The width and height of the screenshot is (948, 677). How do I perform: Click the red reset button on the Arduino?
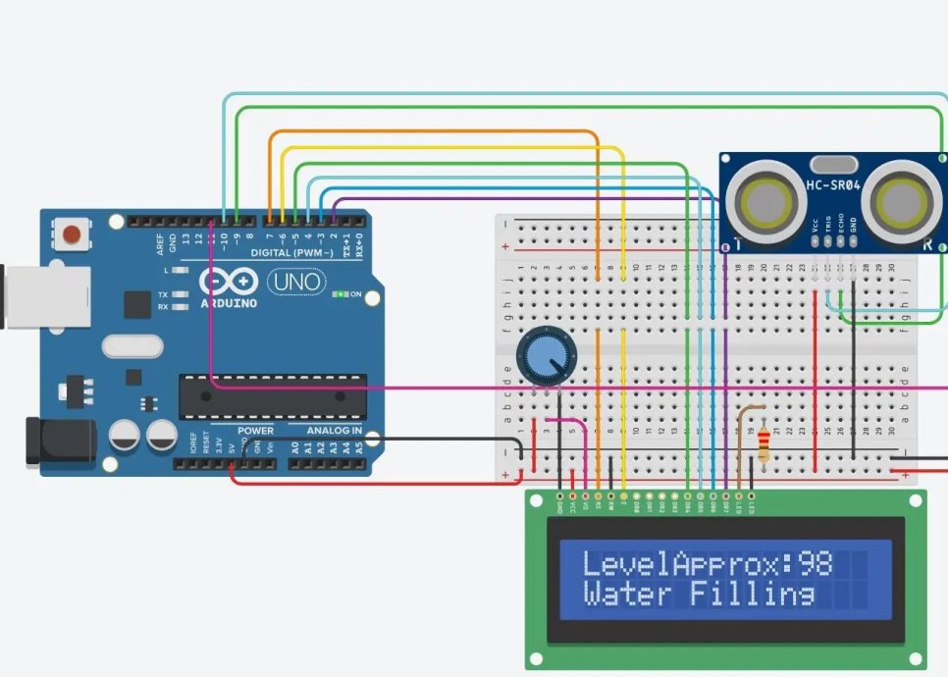pyautogui.click(x=71, y=234)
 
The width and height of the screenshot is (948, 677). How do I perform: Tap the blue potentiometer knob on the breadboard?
pyautogui.click(x=546, y=355)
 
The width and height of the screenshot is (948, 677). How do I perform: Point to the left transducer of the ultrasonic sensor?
pyautogui.click(x=763, y=203)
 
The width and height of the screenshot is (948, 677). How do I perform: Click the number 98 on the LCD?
pyautogui.click(x=815, y=563)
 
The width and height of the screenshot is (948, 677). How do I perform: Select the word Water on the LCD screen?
pyautogui.click(x=627, y=594)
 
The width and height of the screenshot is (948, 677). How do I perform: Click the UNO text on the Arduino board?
pyautogui.click(x=295, y=283)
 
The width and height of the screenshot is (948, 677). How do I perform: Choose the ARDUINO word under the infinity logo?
pyautogui.click(x=228, y=303)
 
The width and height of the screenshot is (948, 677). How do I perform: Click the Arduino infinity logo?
pyautogui.click(x=228, y=282)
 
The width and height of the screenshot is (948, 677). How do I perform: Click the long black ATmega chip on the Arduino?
pyautogui.click(x=272, y=396)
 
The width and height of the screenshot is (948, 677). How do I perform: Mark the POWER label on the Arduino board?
pyautogui.click(x=255, y=431)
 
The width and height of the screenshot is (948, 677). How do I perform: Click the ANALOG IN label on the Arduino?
pyautogui.click(x=334, y=431)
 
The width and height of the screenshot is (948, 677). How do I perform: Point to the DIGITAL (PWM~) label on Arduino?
pyautogui.click(x=290, y=253)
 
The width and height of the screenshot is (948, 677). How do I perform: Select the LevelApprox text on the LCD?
pyautogui.click(x=686, y=563)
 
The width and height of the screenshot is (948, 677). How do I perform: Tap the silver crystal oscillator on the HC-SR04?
pyautogui.click(x=832, y=165)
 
